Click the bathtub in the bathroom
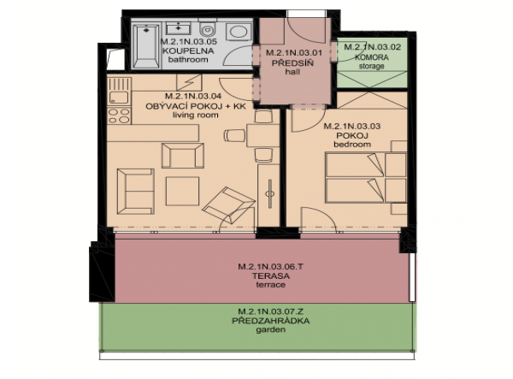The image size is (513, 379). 145,45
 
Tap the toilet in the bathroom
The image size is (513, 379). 207,28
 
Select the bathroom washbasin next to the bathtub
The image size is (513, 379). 179,28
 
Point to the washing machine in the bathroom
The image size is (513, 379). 239,32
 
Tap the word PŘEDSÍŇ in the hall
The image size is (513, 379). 292,63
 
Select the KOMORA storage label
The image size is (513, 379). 372,57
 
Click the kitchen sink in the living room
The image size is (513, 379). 119,98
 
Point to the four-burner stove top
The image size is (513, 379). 119,115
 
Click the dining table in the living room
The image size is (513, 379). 262,135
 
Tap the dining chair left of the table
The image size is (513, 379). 234,135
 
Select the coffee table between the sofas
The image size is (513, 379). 182,191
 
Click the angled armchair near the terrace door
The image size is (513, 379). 228,204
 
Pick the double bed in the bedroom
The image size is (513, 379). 366,177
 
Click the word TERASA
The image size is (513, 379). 270,275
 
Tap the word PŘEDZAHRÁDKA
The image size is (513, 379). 270,321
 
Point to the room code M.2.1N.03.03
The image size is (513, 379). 351,127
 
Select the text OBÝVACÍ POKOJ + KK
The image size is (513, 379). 195,106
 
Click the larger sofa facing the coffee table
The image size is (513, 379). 136,192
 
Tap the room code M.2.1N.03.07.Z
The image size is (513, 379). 270,311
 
